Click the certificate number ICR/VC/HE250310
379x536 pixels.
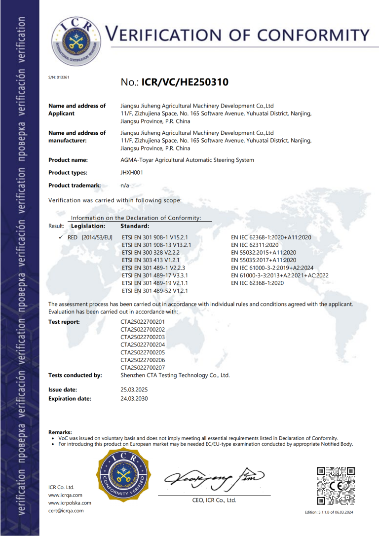click(x=185, y=82)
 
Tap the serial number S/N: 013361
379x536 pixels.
click(x=59, y=77)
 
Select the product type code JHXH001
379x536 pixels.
click(x=131, y=173)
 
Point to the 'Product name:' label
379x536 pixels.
click(x=68, y=160)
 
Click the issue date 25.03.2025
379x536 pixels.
click(x=134, y=389)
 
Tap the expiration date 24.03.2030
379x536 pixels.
click(x=134, y=398)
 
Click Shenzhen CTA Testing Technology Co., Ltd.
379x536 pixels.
click(x=175, y=375)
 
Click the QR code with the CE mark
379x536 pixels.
click(x=335, y=486)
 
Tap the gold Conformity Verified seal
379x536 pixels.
click(x=122, y=476)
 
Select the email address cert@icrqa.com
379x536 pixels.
click(x=66, y=510)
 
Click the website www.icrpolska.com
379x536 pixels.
click(x=70, y=502)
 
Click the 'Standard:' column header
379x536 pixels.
click(x=135, y=226)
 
